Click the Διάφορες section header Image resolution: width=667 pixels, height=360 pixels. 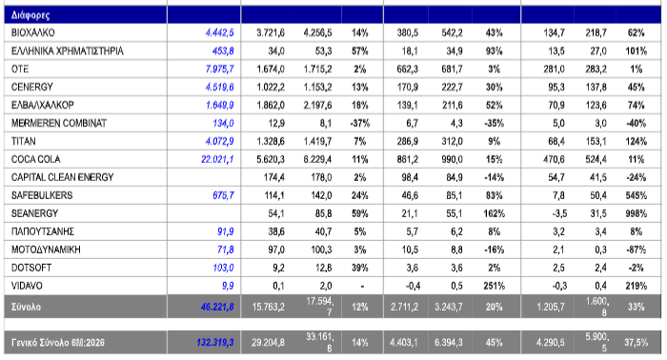coord(30,15)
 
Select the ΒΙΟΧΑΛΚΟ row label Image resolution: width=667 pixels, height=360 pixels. coord(32,32)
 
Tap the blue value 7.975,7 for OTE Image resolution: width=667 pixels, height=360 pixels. coord(219,69)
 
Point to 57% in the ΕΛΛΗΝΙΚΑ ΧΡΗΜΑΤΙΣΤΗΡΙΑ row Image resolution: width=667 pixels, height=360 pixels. coord(359,51)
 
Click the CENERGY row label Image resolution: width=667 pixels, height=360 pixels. coord(31,87)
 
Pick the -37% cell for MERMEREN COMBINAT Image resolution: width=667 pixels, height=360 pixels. coord(359,123)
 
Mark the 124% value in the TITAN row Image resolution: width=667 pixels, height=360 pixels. coord(636,141)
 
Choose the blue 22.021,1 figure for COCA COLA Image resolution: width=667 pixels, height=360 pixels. coord(217,159)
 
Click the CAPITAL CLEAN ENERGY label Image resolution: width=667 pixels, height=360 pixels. coord(62,177)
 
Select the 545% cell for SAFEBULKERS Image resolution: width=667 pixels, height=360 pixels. coord(636,195)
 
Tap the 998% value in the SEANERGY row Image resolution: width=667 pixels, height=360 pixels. coord(636,213)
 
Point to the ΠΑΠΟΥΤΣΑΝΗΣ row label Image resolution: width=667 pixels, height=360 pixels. coord(43,231)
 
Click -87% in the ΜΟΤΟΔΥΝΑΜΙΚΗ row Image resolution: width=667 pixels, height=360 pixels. coord(636,250)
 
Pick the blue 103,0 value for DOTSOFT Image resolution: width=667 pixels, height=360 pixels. coord(223,268)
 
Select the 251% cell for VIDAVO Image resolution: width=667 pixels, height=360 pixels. coord(494,286)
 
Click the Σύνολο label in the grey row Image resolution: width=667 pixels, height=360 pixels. coord(26,307)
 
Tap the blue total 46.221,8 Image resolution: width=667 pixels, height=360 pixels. coord(217,307)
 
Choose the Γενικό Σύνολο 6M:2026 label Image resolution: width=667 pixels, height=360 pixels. coord(58,343)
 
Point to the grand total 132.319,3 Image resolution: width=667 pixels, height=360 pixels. coord(215,343)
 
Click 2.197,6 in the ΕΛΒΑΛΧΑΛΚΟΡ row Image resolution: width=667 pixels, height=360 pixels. coord(317,105)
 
